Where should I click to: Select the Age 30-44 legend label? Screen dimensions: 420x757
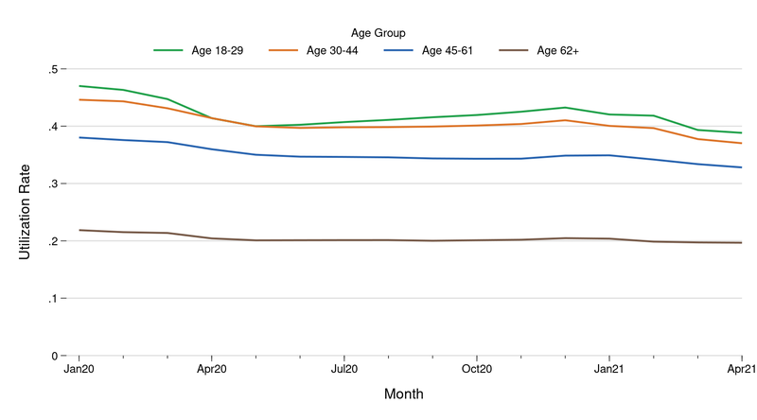coord(332,50)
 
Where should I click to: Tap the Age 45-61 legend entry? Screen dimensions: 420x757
coord(448,50)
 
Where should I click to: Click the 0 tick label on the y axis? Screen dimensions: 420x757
coord(55,357)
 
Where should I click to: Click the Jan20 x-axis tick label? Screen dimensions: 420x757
coord(79,371)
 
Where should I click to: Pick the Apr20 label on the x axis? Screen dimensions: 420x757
coord(211,371)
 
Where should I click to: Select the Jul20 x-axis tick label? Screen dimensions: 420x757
coord(343,371)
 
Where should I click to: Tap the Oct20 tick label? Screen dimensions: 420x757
coord(476,371)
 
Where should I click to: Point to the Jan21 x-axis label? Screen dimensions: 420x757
coord(608,371)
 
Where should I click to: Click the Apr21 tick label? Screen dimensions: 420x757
coord(740,371)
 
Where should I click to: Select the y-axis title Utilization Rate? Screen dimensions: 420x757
coord(26,212)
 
